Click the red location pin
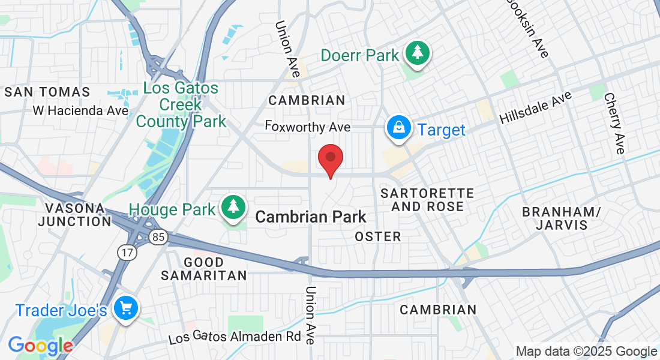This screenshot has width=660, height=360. point(330,159)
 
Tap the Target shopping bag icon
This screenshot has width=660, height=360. point(398,128)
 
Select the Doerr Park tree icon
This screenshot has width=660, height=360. point(416,53)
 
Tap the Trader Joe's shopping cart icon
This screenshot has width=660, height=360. point(125,309)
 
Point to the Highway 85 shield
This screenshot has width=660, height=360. point(158,238)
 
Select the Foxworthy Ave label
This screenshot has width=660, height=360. point(308,127)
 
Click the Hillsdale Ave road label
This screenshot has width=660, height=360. point(535,108)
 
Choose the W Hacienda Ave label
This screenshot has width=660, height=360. point(80,110)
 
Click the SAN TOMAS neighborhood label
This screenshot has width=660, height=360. point(47,92)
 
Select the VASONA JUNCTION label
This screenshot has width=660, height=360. point(74,214)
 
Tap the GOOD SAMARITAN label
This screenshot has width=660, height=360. point(203,269)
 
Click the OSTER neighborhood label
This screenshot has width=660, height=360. point(378,236)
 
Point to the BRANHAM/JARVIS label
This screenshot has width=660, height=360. point(561,218)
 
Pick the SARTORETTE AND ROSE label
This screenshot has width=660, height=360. point(427,200)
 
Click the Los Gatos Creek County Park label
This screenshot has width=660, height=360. point(181,105)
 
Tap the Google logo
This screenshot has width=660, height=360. point(40,346)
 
